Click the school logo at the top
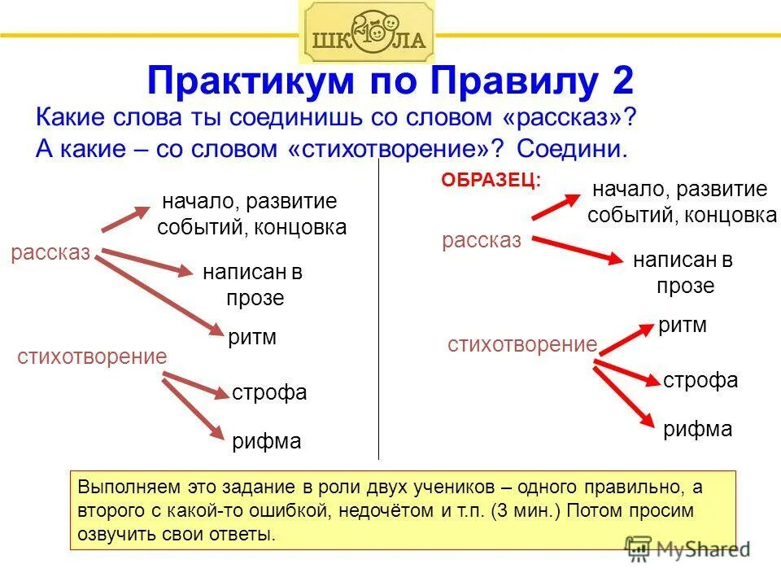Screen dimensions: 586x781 click(367, 33)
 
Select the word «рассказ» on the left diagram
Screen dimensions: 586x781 click(50, 253)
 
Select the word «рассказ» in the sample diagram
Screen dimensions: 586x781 click(482, 241)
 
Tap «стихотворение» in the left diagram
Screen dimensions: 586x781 click(92, 356)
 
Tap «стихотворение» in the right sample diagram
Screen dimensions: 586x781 click(522, 344)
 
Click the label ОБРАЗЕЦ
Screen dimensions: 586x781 click(491, 180)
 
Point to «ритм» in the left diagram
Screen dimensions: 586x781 click(252, 337)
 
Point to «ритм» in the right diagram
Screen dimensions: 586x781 click(682, 326)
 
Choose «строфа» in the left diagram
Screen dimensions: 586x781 click(269, 393)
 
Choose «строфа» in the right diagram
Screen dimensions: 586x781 click(700, 380)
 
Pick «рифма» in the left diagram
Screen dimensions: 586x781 click(267, 442)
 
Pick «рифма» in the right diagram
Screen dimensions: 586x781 click(698, 429)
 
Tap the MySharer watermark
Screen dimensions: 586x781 click(687, 549)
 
